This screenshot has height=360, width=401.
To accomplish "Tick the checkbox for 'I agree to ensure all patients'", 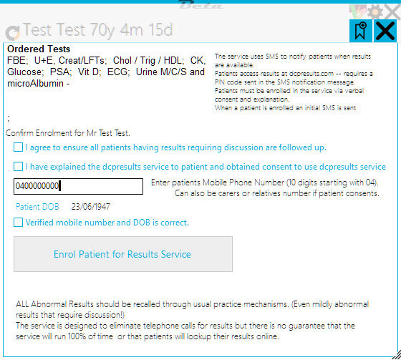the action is pyautogui.click(x=18, y=147).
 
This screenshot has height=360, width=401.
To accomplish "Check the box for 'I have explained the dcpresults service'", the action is pyautogui.click(x=18, y=167).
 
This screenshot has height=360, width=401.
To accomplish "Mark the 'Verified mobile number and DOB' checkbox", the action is pyautogui.click(x=18, y=222).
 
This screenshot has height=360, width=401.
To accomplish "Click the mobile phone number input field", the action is pyautogui.click(x=78, y=186).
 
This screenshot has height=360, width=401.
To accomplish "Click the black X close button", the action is pyautogui.click(x=385, y=31).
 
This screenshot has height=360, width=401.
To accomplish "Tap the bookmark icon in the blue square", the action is pyautogui.click(x=361, y=31).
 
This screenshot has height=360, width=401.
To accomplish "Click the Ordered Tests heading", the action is pyautogui.click(x=39, y=49).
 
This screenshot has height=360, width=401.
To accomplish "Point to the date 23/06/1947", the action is pyautogui.click(x=91, y=207).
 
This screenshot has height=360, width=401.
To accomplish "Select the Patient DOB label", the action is pyautogui.click(x=37, y=207).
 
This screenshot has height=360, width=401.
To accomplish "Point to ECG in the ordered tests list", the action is pyautogui.click(x=118, y=72).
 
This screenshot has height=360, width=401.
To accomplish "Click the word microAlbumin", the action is pyautogui.click(x=35, y=83).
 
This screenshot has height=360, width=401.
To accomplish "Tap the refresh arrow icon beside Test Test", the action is pyautogui.click(x=13, y=33).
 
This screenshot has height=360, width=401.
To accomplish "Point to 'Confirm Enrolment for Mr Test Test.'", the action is pyautogui.click(x=68, y=133).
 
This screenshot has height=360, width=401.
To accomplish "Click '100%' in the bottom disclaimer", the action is pyautogui.click(x=77, y=336).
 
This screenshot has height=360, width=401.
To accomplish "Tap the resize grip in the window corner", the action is pyautogui.click(x=397, y=355).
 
